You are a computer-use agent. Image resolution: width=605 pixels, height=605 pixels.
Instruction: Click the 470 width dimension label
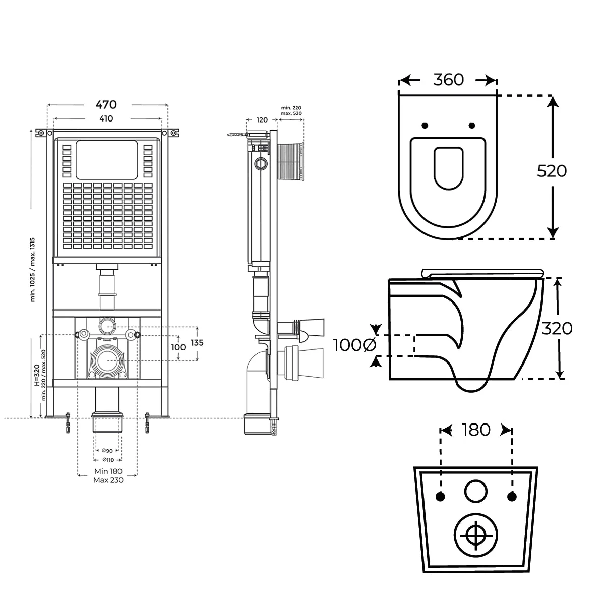click(106, 104)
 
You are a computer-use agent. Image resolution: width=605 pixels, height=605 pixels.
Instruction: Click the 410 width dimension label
click(106, 119)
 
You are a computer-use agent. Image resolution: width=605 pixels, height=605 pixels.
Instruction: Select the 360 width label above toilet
click(448, 80)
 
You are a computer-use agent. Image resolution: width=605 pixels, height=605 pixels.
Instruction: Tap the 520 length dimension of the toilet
click(552, 171)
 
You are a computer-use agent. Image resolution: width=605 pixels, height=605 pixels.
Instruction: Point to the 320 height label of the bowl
click(557, 329)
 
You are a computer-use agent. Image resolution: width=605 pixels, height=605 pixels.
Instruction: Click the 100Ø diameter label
click(354, 345)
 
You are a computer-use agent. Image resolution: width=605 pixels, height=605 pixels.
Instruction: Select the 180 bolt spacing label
click(476, 430)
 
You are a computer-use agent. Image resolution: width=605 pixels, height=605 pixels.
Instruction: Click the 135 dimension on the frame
click(197, 343)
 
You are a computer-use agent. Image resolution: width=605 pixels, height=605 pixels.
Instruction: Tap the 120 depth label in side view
click(262, 120)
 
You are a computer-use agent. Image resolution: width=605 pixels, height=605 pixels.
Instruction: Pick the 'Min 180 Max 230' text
click(108, 476)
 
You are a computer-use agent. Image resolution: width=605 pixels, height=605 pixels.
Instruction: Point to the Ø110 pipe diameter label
click(107, 460)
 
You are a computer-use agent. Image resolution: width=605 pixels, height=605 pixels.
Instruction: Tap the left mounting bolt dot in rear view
click(441, 497)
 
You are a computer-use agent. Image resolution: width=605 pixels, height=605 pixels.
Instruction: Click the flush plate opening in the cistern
click(106, 159)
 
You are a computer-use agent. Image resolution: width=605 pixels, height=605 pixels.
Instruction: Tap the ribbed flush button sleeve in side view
click(290, 161)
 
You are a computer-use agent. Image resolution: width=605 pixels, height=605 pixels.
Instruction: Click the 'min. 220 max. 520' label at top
click(291, 111)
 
